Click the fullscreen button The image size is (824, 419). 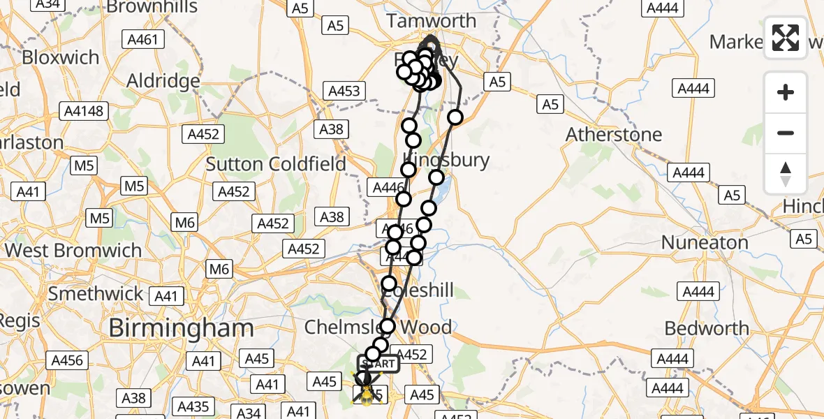click(786, 38)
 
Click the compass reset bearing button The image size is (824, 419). click(786, 174)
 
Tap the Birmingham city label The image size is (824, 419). click(180, 327)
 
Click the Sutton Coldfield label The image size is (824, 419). click(276, 164)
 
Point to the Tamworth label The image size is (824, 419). click(432, 20)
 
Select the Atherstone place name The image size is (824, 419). click(614, 133)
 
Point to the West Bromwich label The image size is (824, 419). click(73, 250)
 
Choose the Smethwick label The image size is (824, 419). click(96, 293)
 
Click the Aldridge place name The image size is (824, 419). click(163, 81)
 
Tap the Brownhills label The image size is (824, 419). click(153, 8)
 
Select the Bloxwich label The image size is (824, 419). click(61, 57)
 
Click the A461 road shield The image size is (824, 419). click(144, 40)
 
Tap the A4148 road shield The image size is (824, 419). click(83, 110)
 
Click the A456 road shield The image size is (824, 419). click(67, 361)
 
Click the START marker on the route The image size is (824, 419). click(378, 364)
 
